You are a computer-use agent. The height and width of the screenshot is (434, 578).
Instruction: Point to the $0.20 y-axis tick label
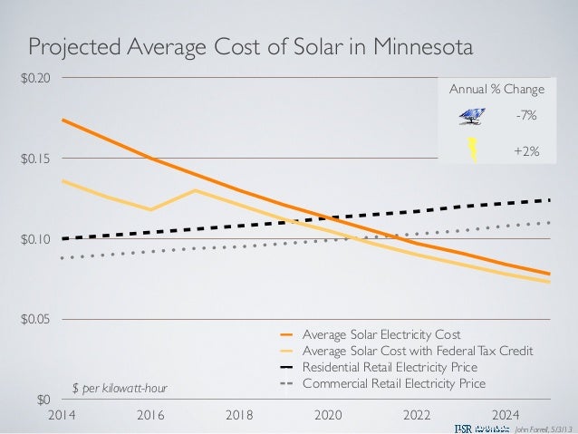click(36, 78)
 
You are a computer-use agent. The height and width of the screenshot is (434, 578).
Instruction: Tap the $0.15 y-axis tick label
click(36, 159)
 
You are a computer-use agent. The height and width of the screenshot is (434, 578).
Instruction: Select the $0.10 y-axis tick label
click(36, 239)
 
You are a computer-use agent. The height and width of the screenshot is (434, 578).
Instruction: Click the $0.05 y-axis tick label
click(36, 319)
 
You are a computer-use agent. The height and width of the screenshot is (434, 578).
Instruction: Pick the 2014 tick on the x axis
click(63, 417)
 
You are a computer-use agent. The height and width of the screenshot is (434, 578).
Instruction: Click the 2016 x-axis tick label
click(150, 417)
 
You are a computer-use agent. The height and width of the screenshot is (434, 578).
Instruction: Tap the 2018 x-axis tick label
click(239, 417)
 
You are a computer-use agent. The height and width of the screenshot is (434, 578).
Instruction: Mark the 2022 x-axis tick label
click(416, 417)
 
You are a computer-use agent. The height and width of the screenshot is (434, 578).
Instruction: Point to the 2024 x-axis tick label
click(504, 417)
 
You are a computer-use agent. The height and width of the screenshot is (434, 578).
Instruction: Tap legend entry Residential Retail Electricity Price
click(390, 367)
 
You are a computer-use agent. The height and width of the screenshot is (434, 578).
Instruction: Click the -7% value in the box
click(525, 116)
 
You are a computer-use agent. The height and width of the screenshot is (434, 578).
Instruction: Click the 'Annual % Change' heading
click(497, 90)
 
